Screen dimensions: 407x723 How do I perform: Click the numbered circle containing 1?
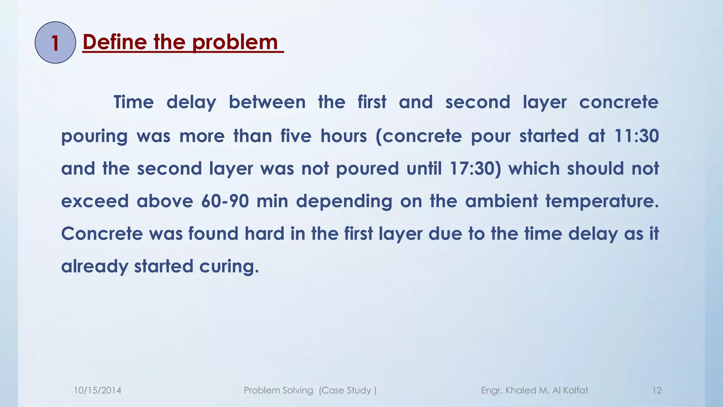[55, 43]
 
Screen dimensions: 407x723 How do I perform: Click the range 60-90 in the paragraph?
[225, 201]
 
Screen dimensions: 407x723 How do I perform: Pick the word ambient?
[501, 201]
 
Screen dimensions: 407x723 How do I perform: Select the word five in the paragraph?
[296, 136]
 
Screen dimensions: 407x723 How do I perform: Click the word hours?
[344, 136]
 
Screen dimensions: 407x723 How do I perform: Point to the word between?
[267, 102]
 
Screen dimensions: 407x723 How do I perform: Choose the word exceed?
[95, 201]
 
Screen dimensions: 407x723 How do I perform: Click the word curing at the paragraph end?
[229, 266]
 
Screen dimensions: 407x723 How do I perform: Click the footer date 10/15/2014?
[97, 390]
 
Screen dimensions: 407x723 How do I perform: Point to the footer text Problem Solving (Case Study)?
[310, 390]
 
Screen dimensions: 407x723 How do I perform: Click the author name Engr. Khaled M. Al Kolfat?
[534, 390]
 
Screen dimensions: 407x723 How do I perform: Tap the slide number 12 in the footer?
[657, 390]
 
